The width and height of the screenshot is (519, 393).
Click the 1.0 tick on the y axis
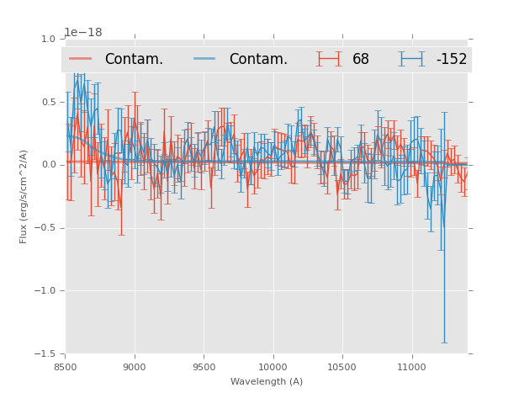(48, 39)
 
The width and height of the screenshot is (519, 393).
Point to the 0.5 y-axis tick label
(48, 102)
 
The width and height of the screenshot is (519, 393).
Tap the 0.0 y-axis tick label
(48, 165)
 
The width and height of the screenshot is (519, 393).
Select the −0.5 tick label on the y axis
(45, 228)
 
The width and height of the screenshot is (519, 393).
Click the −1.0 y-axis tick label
(45, 291)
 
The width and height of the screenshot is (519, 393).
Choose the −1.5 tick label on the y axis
(45, 354)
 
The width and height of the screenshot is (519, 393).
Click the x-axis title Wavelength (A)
(267, 381)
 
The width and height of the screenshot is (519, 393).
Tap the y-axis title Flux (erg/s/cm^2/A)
(24, 196)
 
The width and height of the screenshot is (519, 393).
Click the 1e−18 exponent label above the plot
(83, 33)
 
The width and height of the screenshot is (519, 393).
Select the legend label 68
(361, 60)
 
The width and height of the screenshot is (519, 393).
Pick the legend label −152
(451, 60)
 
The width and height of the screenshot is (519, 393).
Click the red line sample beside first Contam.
(81, 59)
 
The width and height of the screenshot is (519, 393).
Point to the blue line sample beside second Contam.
(205, 59)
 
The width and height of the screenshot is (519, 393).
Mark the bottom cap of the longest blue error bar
(443, 343)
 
